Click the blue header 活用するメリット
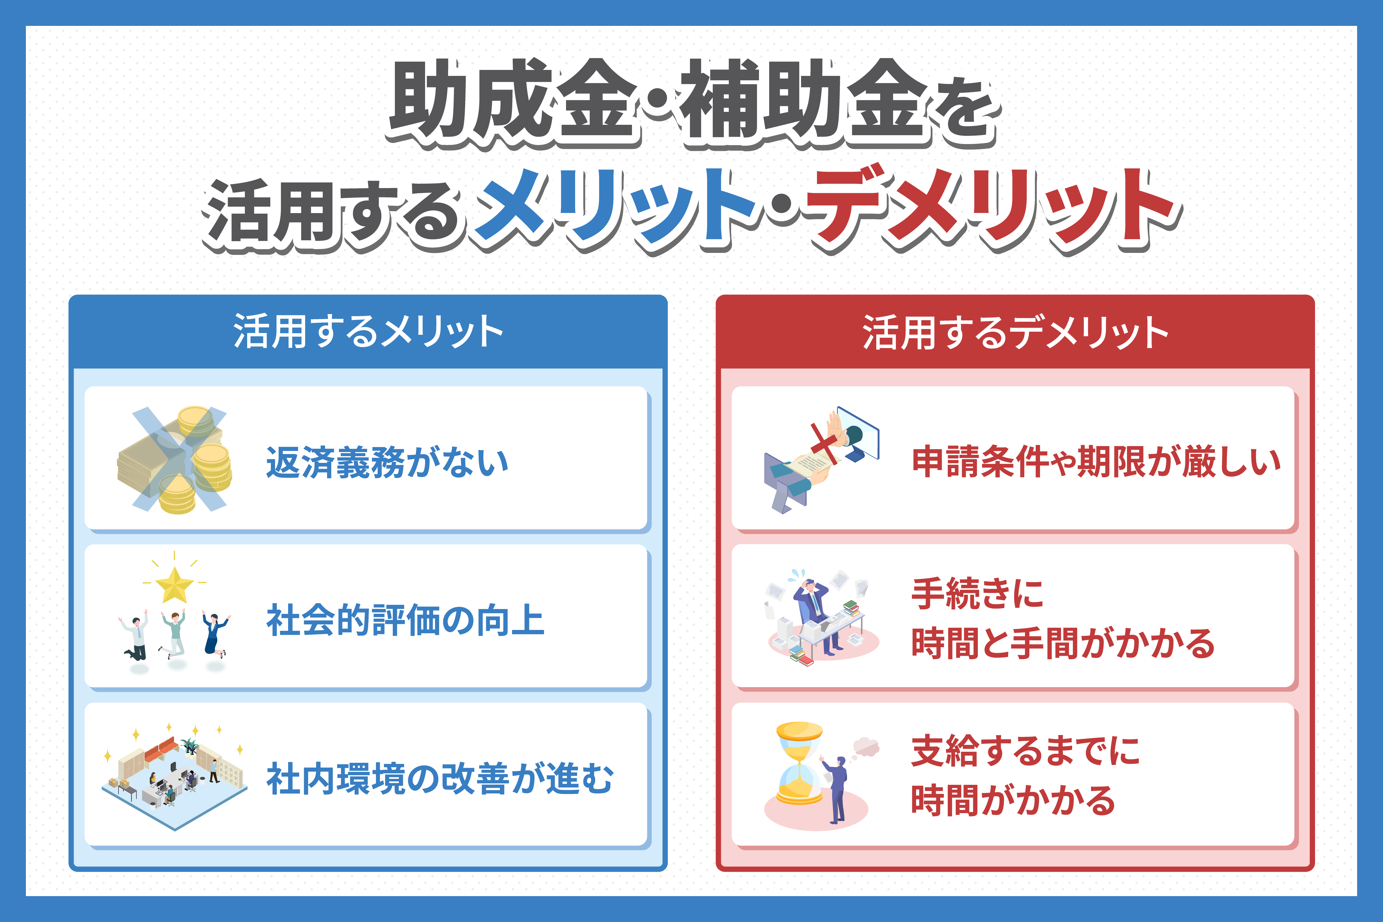pos(368,332)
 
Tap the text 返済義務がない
pos(387,462)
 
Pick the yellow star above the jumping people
pos(175,585)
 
